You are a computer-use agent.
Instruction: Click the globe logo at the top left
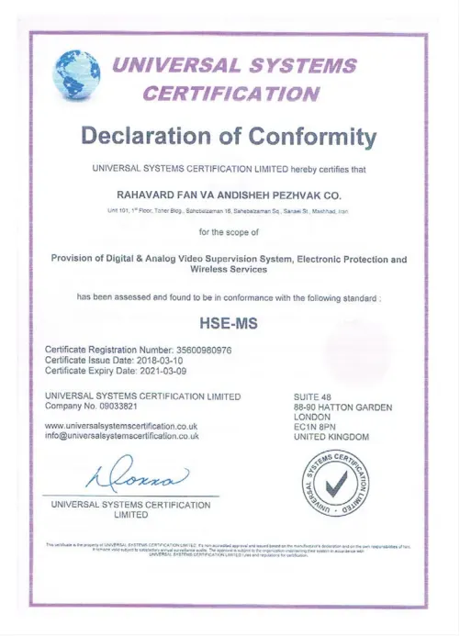[x=78, y=75]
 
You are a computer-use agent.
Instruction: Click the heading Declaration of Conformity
[x=230, y=138]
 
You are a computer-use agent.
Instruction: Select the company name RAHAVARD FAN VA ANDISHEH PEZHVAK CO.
[x=230, y=195]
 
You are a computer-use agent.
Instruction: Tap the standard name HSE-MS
[x=230, y=323]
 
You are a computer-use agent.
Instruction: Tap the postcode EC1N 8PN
[x=315, y=427]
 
